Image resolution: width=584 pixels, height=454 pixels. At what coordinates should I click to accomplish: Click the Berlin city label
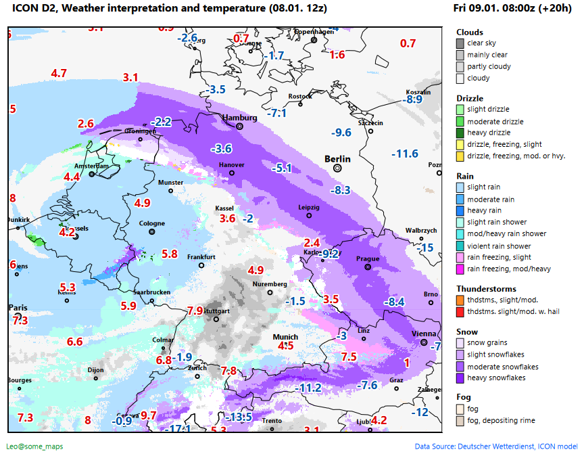337,159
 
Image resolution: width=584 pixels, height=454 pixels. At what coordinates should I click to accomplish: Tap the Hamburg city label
240,118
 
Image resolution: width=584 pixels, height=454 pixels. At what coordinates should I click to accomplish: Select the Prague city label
368,258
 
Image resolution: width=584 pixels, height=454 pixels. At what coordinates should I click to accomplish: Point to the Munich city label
285,337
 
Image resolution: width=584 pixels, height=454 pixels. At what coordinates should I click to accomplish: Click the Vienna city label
424,334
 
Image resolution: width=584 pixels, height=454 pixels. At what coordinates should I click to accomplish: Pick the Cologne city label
151,223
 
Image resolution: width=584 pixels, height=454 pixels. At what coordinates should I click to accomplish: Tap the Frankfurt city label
201,257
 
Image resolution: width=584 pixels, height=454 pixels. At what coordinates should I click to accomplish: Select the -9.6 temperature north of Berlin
341,133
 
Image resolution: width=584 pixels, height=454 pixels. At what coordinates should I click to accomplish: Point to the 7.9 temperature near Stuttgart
195,311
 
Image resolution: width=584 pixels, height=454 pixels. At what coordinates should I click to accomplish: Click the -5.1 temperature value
281,168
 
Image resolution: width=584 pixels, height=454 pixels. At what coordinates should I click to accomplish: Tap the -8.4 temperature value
393,301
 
